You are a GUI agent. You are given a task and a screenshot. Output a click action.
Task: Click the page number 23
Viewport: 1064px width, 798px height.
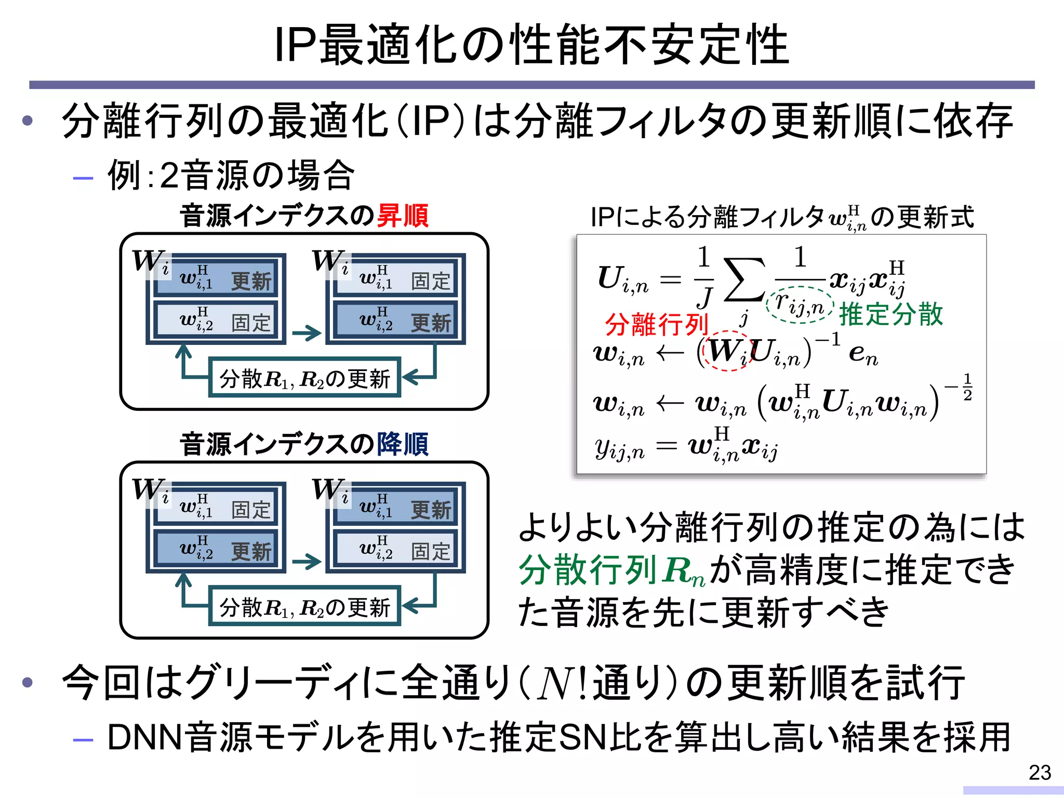[x=1040, y=773]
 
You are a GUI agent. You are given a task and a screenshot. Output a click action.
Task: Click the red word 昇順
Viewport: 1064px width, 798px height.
[x=403, y=216]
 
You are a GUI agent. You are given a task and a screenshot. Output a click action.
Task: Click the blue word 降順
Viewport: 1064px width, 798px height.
[x=403, y=444]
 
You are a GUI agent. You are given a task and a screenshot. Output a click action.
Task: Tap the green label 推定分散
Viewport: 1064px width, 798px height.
[x=890, y=314]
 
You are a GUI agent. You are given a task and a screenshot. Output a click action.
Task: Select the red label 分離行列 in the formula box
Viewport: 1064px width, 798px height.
[x=657, y=325]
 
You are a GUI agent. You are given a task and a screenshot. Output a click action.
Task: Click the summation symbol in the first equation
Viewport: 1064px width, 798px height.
[x=744, y=281]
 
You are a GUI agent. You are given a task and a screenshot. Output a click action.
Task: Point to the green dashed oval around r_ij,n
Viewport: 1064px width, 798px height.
[x=800, y=305]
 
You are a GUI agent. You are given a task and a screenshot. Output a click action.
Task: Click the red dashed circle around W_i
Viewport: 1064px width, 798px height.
[x=726, y=351]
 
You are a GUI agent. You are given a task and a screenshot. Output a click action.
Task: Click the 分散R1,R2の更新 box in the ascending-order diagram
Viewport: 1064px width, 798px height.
[x=304, y=378]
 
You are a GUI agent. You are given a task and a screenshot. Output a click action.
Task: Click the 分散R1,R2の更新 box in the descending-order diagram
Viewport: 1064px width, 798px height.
[x=304, y=606]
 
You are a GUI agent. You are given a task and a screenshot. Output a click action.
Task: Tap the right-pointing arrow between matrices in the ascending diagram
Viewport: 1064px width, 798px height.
[x=307, y=333]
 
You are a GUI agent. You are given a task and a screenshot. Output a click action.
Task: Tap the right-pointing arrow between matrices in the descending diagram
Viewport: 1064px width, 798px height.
[x=307, y=562]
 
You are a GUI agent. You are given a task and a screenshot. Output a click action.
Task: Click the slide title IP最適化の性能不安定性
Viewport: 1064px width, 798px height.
[x=531, y=45]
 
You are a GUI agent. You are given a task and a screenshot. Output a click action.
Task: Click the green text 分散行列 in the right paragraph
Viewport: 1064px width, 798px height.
[x=588, y=570]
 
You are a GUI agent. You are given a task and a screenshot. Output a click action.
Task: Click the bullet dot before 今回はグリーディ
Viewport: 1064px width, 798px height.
[x=28, y=682]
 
